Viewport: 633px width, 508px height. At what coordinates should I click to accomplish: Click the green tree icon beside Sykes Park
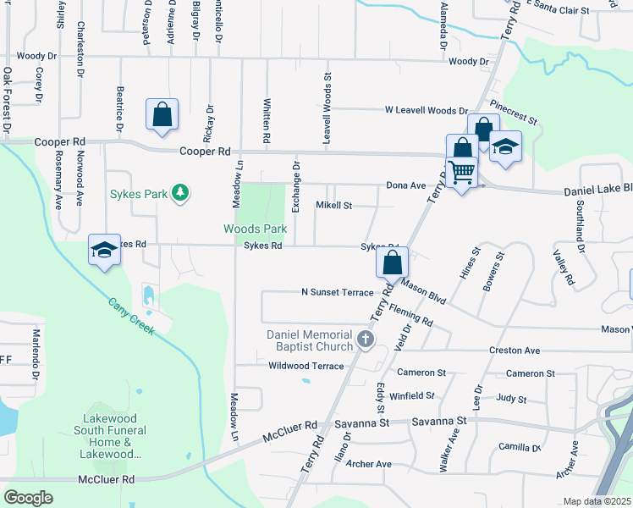tap(179, 194)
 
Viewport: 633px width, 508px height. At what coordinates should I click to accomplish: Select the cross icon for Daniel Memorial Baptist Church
tap(366, 340)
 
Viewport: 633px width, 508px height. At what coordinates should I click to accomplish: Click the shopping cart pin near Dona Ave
tap(462, 173)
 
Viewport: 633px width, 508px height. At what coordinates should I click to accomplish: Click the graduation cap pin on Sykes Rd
tap(104, 251)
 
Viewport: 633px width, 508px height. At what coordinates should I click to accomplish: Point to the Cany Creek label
tap(130, 315)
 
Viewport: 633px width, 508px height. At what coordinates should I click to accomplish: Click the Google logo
tap(29, 498)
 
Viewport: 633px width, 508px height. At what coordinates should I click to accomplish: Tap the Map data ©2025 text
tap(596, 501)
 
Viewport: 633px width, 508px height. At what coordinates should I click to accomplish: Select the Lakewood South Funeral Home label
tap(115, 436)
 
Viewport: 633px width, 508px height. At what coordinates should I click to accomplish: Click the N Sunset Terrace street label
tap(337, 292)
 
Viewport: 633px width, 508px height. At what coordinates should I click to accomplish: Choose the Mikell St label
tap(333, 205)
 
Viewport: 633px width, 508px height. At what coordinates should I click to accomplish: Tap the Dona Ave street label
tap(405, 185)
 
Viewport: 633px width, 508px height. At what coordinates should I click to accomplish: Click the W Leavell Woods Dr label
tap(426, 110)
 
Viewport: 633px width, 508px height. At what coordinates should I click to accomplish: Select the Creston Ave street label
tap(514, 350)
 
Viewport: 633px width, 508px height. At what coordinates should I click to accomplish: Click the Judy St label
tap(511, 398)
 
